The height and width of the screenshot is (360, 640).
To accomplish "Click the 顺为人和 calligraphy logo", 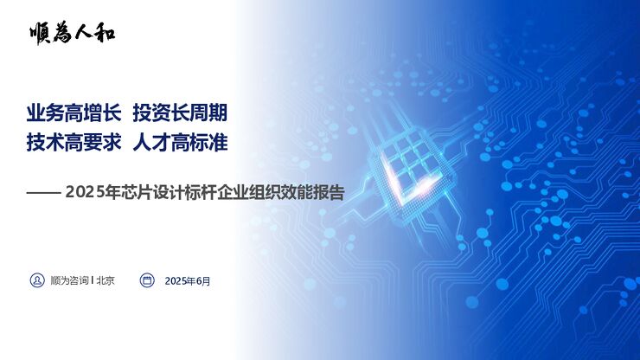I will click(x=71, y=33).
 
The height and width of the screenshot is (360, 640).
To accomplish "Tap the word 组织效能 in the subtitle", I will click(x=266, y=192).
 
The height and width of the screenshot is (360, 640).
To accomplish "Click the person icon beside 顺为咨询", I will click(x=37, y=280).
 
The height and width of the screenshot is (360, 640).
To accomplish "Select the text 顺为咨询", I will click(x=69, y=280).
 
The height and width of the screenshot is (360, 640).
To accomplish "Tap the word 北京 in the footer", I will click(x=106, y=280).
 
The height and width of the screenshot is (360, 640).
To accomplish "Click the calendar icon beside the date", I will click(x=147, y=280).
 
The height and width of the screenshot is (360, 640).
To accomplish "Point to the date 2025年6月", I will click(x=187, y=280).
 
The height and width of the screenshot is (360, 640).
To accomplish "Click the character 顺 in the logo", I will click(x=40, y=33).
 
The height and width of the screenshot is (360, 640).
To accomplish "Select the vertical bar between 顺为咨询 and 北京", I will click(x=93, y=280).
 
